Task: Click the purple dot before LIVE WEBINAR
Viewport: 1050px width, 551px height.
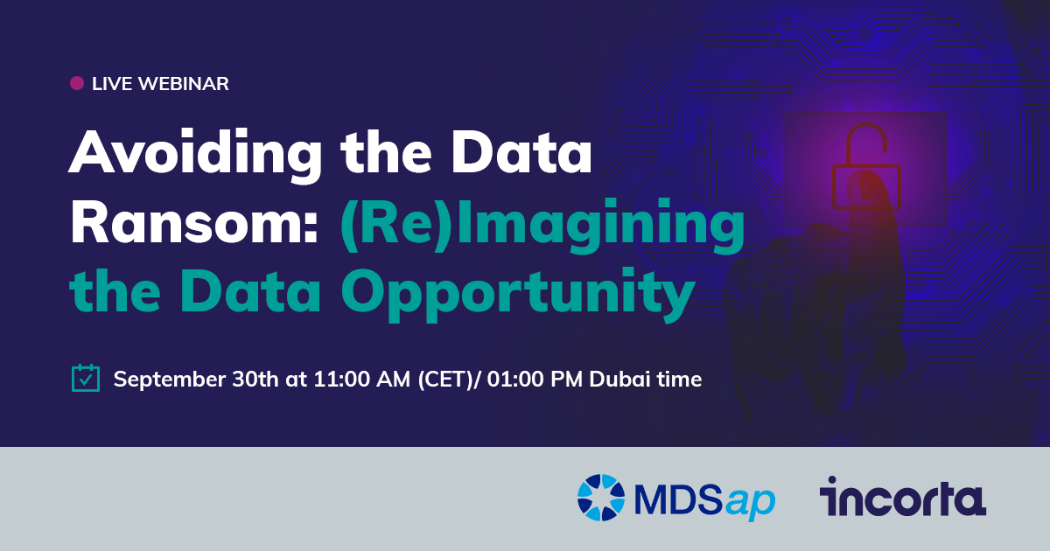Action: [77, 84]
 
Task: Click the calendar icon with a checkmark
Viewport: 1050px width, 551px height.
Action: [85, 378]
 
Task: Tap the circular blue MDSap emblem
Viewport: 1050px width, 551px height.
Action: [601, 499]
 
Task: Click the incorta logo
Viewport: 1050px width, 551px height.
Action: [902, 497]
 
